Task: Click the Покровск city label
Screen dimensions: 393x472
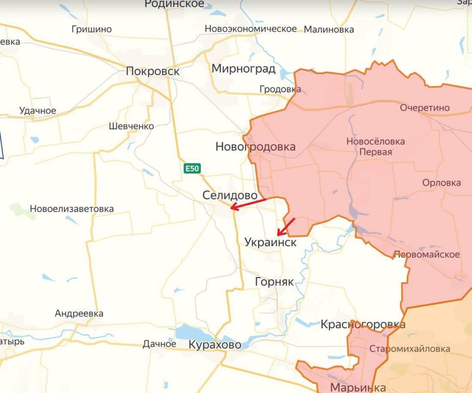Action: pyautogui.click(x=152, y=72)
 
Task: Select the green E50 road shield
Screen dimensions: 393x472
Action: pyautogui.click(x=192, y=168)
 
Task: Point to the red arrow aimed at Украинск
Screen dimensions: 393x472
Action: pyautogui.click(x=286, y=227)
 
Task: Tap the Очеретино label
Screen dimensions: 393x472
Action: pyautogui.click(x=424, y=108)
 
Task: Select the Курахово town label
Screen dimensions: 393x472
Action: pyautogui.click(x=215, y=345)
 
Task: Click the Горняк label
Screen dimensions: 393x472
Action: pyautogui.click(x=274, y=282)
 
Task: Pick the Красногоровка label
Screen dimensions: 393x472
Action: pyautogui.click(x=362, y=325)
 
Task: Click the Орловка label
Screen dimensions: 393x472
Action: pyautogui.click(x=441, y=183)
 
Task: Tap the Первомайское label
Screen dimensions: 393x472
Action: pyautogui.click(x=426, y=254)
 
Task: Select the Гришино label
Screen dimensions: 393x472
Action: pyautogui.click(x=91, y=29)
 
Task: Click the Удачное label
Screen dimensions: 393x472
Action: pyautogui.click(x=38, y=111)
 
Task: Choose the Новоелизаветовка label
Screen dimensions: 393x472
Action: pyautogui.click(x=72, y=209)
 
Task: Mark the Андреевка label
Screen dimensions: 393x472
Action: pyautogui.click(x=79, y=313)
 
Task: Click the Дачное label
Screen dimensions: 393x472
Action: pyautogui.click(x=159, y=344)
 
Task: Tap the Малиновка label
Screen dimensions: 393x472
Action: pyautogui.click(x=329, y=29)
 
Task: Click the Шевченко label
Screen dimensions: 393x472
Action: pyautogui.click(x=131, y=126)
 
